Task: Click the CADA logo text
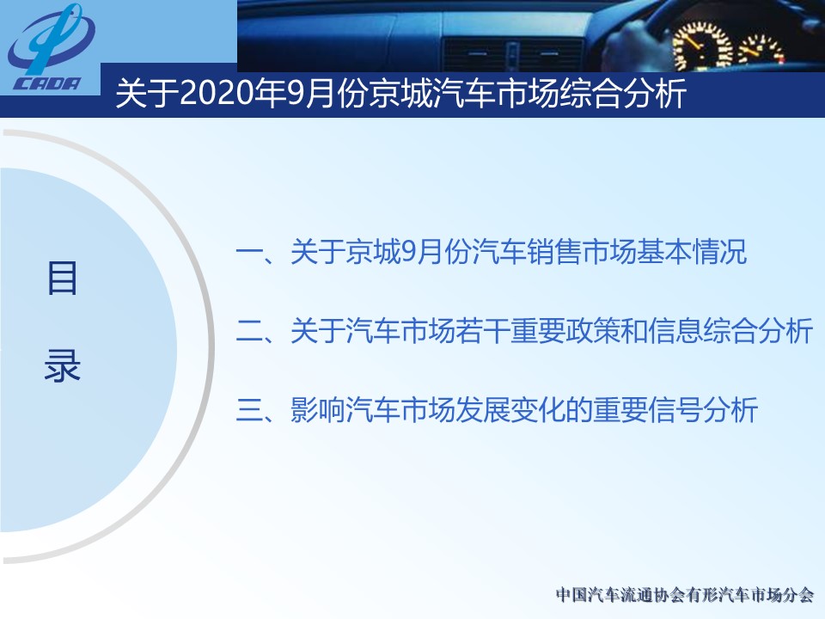tap(47, 83)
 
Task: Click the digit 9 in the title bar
tap(294, 94)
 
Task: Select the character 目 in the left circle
tap(62, 278)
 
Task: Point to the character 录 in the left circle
tap(62, 365)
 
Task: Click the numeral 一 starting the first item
tap(249, 252)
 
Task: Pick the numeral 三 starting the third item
tap(249, 409)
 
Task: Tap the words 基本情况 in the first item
tap(691, 252)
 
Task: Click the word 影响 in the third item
tap(318, 409)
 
